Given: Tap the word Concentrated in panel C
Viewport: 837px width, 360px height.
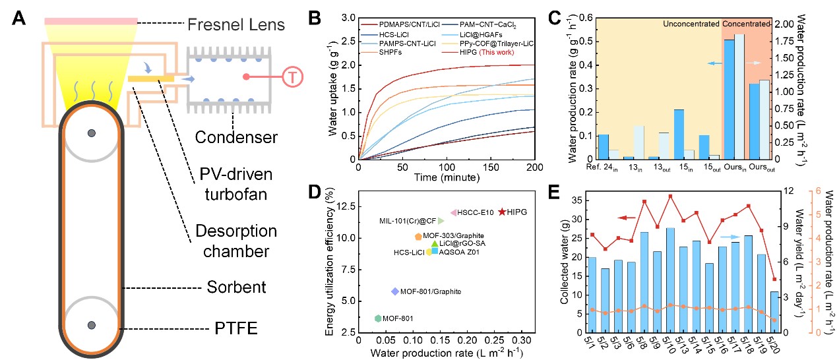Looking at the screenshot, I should click(746, 24).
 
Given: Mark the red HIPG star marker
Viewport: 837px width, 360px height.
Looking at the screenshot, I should click(503, 212).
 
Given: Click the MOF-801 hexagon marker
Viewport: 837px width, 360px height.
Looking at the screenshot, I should click(378, 318).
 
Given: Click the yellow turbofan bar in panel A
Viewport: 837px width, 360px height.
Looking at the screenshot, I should click(151, 78).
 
